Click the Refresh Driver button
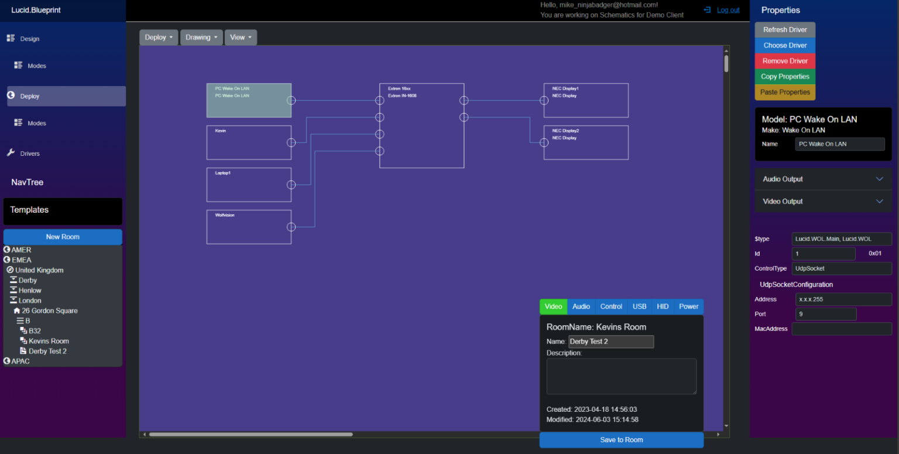pos(785,30)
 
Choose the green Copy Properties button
pos(785,77)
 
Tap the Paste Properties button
pos(785,92)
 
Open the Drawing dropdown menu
pos(201,37)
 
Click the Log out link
pos(728,10)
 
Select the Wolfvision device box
pos(249,227)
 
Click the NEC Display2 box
pos(586,142)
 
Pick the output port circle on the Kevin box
pos(291,142)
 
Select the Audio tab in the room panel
pos(581,306)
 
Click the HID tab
pos(663,306)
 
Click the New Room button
pos(63,237)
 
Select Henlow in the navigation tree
pos(30,291)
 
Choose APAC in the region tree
pos(20,361)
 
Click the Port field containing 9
pos(825,314)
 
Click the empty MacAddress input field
pos(841,329)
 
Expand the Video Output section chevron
pos(879,202)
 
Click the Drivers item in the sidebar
pos(30,153)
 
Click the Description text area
pos(621,376)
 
